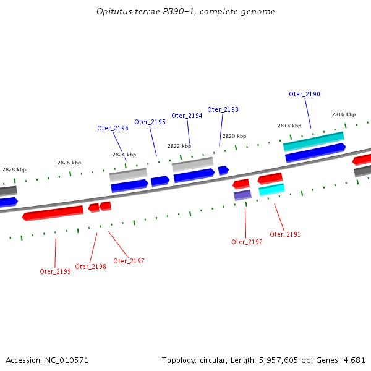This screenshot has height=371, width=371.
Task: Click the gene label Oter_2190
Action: pos(304,94)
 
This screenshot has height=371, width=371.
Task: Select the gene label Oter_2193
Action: pos(223,109)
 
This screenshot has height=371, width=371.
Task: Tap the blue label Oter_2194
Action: pos(187,116)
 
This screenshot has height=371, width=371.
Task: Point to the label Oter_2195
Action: pos(150,122)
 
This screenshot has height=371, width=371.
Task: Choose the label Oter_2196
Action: pos(113,128)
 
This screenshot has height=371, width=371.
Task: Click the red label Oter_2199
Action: pos(55,271)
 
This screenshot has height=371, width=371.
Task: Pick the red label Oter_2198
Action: pos(90,267)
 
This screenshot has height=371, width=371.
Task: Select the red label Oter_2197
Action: pos(129,261)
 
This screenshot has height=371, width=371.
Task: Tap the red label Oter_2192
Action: pos(247,242)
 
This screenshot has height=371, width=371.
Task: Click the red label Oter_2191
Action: pos(285,234)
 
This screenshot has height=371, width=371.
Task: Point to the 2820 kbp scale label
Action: pos(234,136)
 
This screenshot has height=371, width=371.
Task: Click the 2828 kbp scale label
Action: pos(14,169)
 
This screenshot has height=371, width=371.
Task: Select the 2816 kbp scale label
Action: pos(344,114)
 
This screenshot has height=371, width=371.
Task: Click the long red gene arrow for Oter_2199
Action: pos(53,213)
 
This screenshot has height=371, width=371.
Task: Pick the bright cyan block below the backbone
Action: pos(271,190)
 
